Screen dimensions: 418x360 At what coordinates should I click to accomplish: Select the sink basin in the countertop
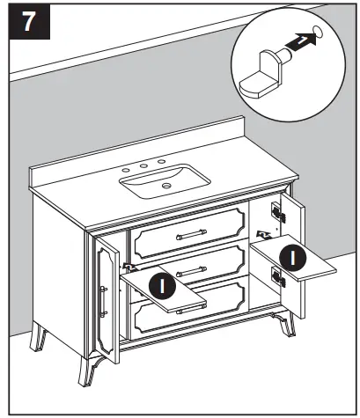tap(166, 182)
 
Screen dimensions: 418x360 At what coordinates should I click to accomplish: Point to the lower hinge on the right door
tap(281, 277)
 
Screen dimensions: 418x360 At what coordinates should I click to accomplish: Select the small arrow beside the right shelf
tap(261, 234)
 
